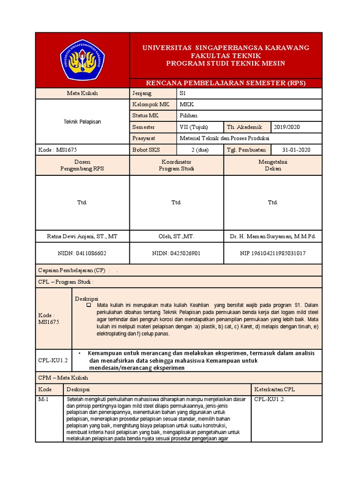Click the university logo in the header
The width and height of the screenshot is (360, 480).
82,60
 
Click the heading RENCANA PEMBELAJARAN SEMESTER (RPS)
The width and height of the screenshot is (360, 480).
225,83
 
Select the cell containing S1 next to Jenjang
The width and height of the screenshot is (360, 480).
183,93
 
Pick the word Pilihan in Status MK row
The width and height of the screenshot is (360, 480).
189,116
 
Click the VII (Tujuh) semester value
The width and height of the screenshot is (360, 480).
194,127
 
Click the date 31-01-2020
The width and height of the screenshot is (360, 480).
296,150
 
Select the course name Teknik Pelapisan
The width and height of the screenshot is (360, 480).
82,121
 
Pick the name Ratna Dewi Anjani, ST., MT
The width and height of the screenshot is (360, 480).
82,237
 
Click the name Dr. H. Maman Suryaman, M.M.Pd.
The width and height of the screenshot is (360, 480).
272,237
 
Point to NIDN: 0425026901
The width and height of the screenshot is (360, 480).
176,253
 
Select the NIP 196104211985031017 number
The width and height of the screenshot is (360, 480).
272,253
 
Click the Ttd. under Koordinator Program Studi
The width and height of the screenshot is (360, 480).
176,202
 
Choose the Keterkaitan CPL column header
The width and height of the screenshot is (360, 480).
275,390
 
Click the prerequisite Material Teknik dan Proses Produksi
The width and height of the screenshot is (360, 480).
225,139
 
